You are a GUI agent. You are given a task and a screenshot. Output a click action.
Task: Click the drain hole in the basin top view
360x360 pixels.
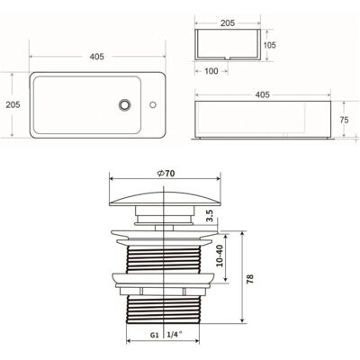pos(124,104)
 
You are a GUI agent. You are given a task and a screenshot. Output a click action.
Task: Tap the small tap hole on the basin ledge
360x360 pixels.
pos(153,104)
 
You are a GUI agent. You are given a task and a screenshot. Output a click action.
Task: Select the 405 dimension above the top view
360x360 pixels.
pos(97,57)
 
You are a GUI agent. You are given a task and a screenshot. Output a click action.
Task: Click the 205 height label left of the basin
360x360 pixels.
pos(13,104)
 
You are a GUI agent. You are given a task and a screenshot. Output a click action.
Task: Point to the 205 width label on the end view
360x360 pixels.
pos(228,23)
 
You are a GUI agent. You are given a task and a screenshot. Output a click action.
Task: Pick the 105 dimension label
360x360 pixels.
pos(270,45)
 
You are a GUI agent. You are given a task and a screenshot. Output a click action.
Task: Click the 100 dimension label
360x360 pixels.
pos(211,71)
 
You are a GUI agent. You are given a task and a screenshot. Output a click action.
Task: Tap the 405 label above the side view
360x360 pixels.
pos(263,94)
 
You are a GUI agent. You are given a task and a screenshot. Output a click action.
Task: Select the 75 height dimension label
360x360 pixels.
pos(344,120)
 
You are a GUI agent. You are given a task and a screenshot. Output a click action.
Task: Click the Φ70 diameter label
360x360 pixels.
pos(166,173)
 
